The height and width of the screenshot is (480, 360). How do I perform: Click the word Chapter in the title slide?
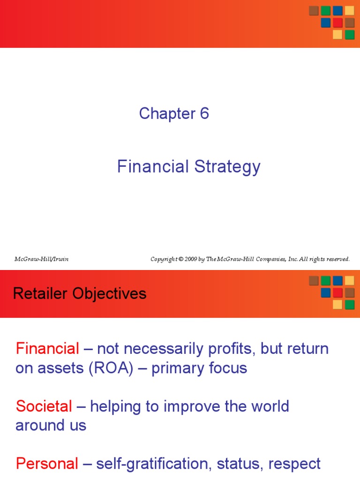pos(166,113)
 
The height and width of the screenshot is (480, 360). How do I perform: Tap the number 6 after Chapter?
pos(204,113)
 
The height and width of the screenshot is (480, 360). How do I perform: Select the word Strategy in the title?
pos(227,167)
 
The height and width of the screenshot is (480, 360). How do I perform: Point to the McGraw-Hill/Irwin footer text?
pos(41,259)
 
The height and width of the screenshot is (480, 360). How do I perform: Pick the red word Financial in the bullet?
pos(47,349)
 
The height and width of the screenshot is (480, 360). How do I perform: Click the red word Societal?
pos(44,406)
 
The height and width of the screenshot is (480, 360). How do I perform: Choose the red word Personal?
pos(47,464)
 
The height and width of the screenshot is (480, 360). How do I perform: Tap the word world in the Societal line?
pos(268,406)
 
